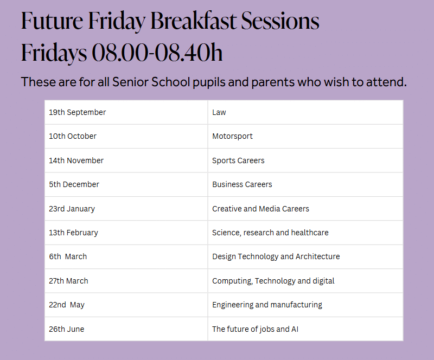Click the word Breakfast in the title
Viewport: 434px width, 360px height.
(194, 21)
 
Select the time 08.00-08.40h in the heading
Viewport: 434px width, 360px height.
(157, 53)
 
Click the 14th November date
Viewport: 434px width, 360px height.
(76, 160)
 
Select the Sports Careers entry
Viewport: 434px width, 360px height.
(238, 160)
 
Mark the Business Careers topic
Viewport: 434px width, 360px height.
(242, 184)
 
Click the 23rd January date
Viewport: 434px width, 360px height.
(72, 209)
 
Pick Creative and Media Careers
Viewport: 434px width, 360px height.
(260, 209)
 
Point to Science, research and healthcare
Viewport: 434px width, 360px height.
(270, 233)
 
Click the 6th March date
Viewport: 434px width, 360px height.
(68, 256)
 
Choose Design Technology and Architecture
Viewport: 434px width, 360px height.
(276, 256)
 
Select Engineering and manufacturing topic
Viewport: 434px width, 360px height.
(267, 305)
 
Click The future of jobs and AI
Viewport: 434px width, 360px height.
(255, 329)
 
